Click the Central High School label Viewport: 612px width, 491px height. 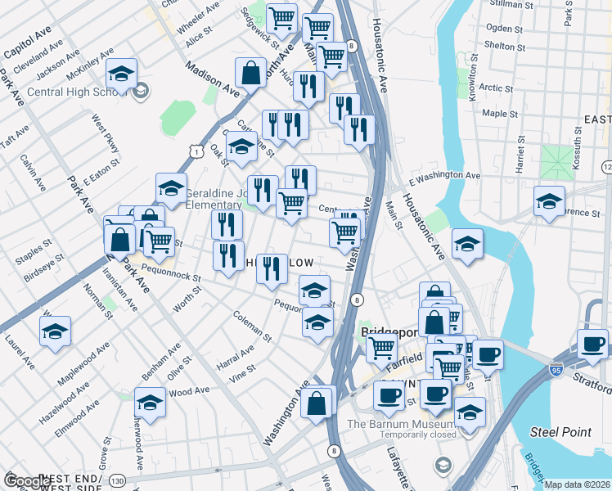point(72,90)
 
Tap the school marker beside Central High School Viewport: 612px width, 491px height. point(121,75)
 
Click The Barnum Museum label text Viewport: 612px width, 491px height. point(400,424)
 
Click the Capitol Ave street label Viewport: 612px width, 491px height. point(28,47)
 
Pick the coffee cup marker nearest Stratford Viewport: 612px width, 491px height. point(592,343)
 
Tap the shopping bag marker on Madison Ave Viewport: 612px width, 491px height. point(250,73)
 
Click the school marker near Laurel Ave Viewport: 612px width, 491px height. point(55,331)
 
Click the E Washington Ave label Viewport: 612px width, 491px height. point(444,175)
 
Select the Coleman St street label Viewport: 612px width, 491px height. point(251,325)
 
